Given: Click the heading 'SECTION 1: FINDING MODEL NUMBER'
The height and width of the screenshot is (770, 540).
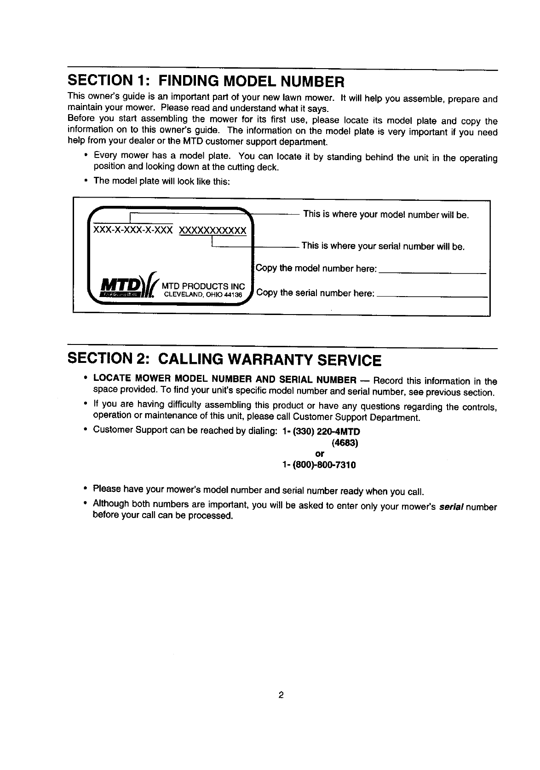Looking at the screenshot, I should click(205, 82).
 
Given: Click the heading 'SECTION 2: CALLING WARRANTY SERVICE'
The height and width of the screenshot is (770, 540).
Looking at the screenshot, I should click(224, 359).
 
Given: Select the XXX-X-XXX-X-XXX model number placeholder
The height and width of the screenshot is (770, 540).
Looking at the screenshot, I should click(133, 230).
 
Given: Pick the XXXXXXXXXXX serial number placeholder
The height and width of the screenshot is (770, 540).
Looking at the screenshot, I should click(212, 230).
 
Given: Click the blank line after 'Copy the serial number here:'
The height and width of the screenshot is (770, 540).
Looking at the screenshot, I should click(432, 297).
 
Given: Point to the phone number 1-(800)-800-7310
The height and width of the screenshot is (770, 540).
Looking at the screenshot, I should click(319, 465).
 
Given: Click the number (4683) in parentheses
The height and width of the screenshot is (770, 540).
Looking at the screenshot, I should click(345, 443).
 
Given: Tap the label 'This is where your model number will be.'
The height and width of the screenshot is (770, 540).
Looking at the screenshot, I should click(386, 215).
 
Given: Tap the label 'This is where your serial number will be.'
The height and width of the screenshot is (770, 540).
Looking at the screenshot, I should click(383, 246).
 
